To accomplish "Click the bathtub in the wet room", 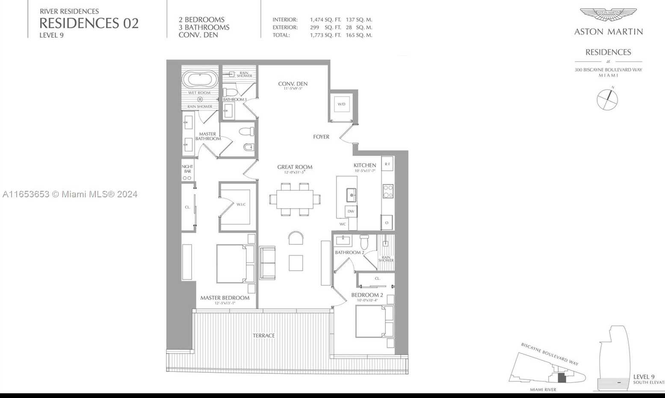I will click(200, 80).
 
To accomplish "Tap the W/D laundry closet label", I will click(341, 104).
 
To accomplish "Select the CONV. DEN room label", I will click(293, 84).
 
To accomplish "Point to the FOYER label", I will click(321, 137).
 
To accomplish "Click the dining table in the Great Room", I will click(295, 199).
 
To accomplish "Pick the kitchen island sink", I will click(351, 195).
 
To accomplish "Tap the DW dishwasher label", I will click(351, 211).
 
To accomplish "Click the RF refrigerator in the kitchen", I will click(387, 164).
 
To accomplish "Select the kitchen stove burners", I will click(388, 191).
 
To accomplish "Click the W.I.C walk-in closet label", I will click(241, 205).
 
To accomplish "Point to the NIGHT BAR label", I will click(187, 169).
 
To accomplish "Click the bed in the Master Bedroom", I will click(235, 264).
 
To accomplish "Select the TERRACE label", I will click(263, 336).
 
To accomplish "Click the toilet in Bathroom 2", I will click(364, 242).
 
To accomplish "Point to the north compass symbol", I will click(607, 99).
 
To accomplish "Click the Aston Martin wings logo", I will click(608, 15).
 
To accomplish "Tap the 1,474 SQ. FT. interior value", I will click(325, 20).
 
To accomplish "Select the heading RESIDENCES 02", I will click(89, 23).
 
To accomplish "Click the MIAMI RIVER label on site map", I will click(543, 389).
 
